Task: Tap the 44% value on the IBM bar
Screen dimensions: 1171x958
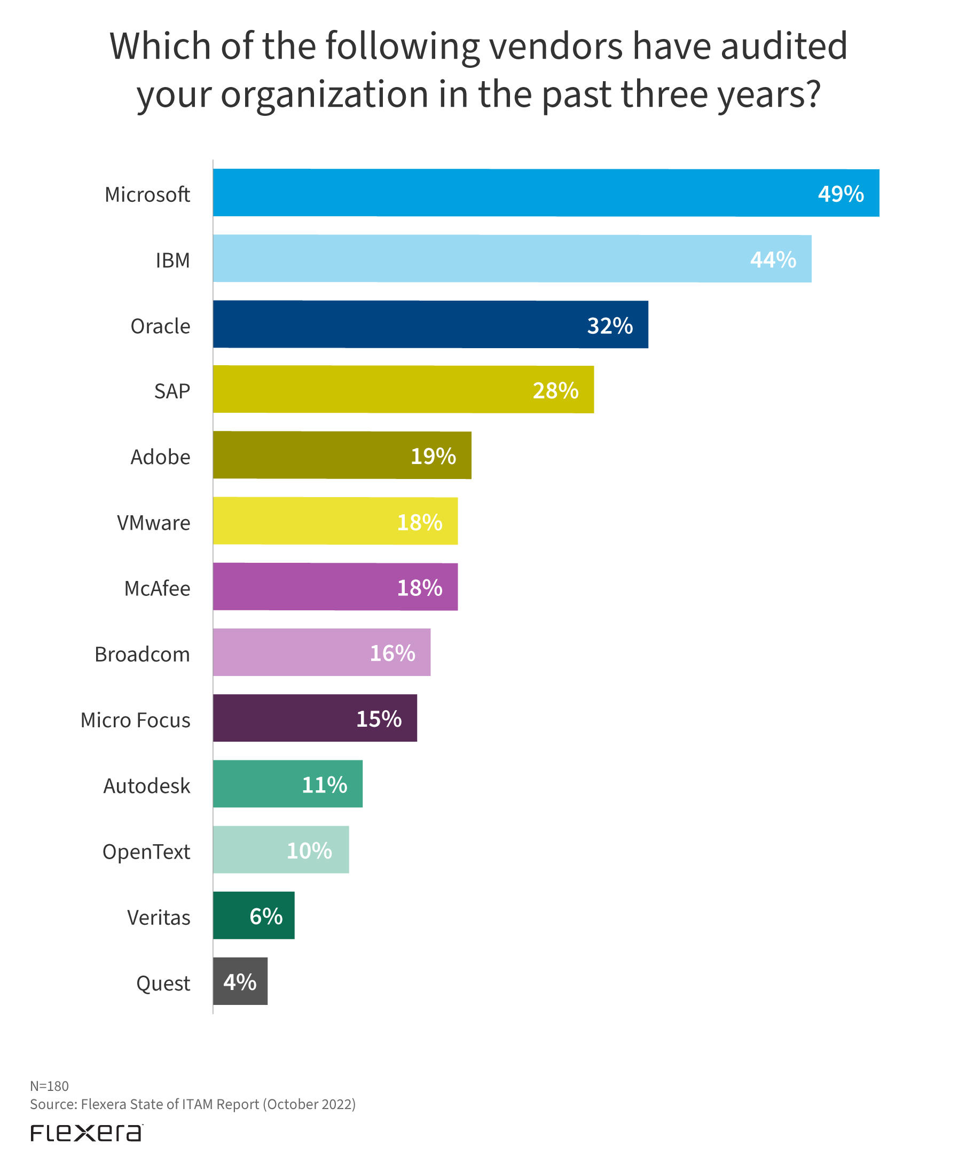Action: [x=773, y=260]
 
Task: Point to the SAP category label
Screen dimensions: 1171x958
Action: [x=172, y=391]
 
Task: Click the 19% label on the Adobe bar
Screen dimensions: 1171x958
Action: [x=433, y=456]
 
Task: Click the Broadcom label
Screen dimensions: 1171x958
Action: [x=143, y=654]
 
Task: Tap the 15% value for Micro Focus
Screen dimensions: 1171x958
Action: [x=379, y=719]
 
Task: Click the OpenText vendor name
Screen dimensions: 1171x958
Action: [x=146, y=852]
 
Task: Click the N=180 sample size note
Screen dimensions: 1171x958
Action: [x=49, y=1086]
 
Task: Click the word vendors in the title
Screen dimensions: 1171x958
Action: [x=556, y=46]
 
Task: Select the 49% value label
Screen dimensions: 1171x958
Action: [x=841, y=194]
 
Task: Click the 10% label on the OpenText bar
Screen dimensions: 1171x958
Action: [x=309, y=851]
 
